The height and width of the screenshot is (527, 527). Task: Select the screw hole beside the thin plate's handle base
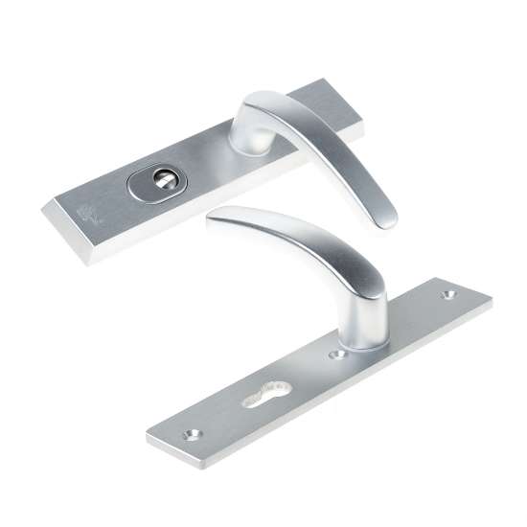[336, 354]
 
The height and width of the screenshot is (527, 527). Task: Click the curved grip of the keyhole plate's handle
[307, 240]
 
